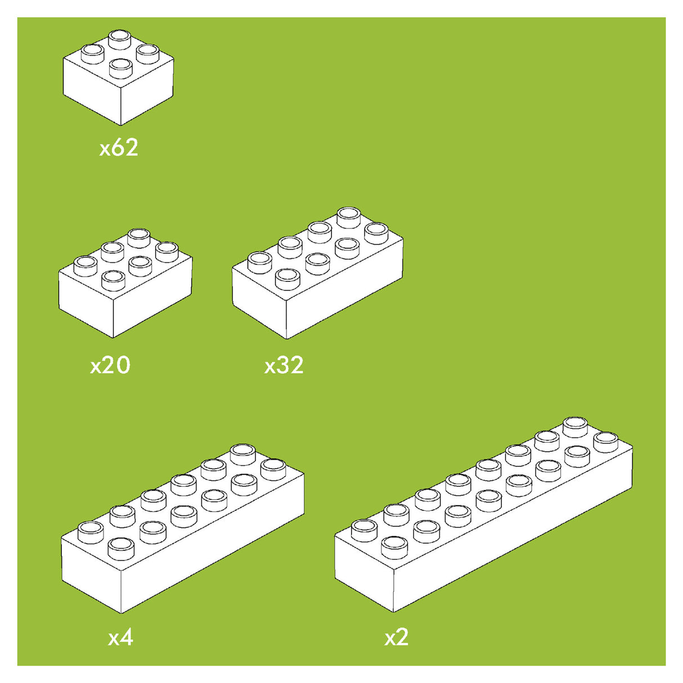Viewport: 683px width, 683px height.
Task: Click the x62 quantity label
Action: [119, 148]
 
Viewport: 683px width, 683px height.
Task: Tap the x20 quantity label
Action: [110, 365]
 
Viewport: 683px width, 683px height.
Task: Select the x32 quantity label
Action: [284, 365]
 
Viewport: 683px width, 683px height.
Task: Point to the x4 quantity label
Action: [120, 637]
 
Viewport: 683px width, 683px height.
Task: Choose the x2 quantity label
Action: [396, 637]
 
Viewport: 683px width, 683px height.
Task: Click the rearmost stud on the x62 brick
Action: [119, 39]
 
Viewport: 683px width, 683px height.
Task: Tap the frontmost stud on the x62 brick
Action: [120, 68]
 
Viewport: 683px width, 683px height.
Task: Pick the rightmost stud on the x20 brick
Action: [167, 251]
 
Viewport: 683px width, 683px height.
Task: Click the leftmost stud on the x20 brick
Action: [86, 264]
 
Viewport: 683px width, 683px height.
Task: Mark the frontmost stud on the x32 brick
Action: [287, 277]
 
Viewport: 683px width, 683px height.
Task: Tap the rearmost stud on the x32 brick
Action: [349, 217]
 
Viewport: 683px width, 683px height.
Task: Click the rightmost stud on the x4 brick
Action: [273, 468]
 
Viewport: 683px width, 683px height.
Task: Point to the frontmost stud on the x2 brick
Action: [394, 546]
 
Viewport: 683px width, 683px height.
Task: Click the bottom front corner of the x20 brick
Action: [114, 337]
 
